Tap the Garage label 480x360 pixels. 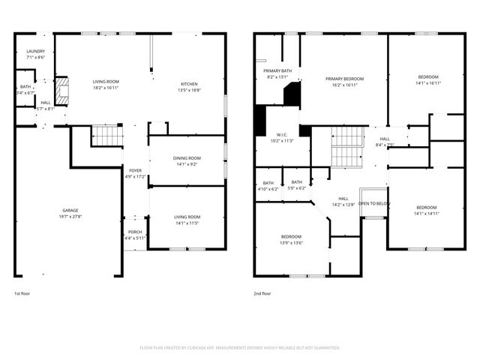70,210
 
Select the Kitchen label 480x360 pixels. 188,83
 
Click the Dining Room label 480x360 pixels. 187,157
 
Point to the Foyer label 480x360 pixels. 135,170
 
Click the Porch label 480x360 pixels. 135,232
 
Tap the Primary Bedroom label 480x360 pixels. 345,78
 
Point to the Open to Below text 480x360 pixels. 373,203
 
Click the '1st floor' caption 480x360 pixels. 23,293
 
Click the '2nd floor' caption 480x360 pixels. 262,293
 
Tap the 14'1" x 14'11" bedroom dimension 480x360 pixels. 426,213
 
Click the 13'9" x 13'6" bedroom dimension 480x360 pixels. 291,242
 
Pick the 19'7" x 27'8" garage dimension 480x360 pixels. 70,216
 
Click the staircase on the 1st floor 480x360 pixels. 107,136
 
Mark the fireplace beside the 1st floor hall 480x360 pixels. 63,91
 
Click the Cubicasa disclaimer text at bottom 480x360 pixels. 240,348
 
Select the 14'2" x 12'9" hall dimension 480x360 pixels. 343,204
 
